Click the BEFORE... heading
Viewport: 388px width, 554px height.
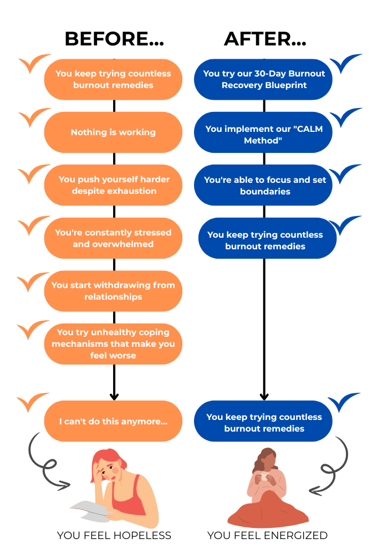coord(114,39)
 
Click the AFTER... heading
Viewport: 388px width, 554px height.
coord(265,39)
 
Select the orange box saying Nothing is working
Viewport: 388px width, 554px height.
coord(113,132)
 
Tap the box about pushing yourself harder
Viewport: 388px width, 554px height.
coord(113,185)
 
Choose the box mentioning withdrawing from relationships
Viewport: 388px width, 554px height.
coord(113,291)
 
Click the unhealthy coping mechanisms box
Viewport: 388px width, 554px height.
coord(113,344)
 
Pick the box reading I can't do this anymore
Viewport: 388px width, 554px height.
coord(113,421)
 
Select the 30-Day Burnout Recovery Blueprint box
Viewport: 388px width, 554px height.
coord(263,79)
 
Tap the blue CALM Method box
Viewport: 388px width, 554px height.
coord(263,132)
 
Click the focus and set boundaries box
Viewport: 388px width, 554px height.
coord(263,185)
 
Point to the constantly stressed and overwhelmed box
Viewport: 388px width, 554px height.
coord(113,238)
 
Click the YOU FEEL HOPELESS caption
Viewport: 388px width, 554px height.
coord(114,535)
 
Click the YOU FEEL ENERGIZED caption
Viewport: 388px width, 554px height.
coord(267,535)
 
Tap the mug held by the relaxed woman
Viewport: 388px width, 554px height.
coord(264,476)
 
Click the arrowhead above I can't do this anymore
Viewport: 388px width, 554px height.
coord(114,397)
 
